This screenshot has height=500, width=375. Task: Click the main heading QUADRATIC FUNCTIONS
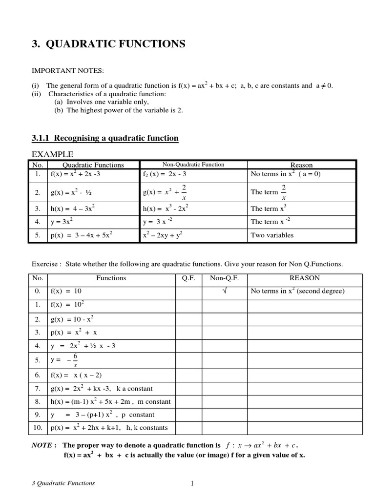pos(115,44)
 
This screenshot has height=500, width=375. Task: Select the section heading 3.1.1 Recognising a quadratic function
pos(105,138)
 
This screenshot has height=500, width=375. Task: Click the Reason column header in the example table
pos(301,165)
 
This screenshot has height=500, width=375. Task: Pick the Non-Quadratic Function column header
pos(193,165)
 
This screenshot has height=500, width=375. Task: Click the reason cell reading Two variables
pos(272,235)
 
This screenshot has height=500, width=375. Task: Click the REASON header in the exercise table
pos(305,278)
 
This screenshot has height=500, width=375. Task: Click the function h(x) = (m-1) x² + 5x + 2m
pos(110,401)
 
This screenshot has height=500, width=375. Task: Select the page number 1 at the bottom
pos(192,484)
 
